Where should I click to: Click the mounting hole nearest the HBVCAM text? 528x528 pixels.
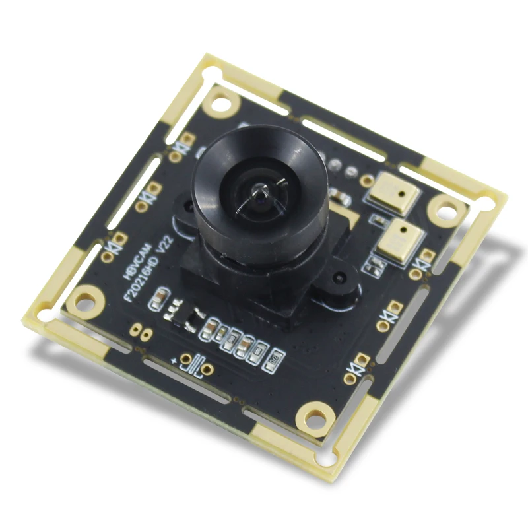[x=82, y=301]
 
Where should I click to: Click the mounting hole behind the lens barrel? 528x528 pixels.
[x=222, y=102]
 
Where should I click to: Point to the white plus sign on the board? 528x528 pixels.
[x=174, y=361]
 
